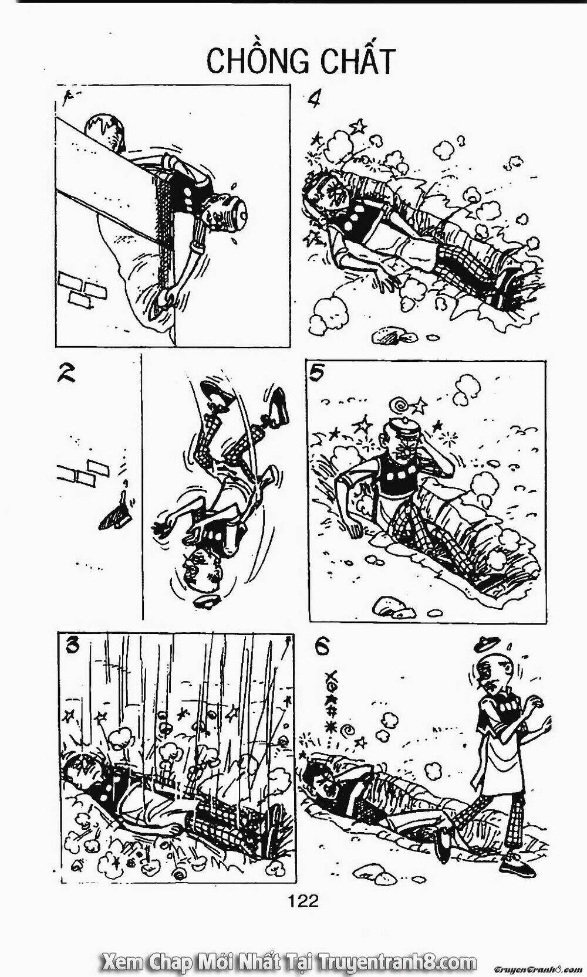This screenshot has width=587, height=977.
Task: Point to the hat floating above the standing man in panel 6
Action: pyautogui.click(x=487, y=643)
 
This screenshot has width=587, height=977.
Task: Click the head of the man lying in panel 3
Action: pyautogui.click(x=79, y=768)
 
